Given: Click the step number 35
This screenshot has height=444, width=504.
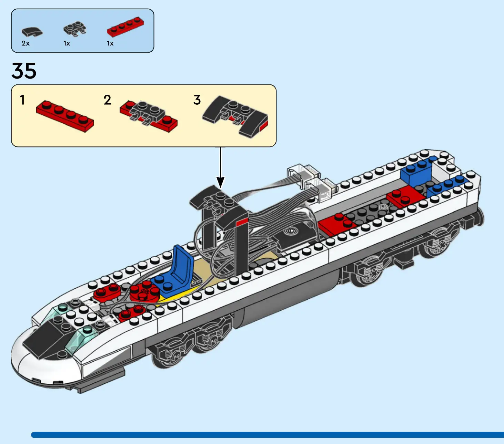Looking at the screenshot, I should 24,71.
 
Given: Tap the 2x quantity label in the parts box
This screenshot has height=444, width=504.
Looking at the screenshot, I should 26,43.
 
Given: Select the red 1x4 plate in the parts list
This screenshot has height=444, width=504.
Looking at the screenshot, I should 125,27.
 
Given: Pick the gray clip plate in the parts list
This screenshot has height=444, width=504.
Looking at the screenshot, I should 75,29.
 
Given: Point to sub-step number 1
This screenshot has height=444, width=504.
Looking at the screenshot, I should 22,100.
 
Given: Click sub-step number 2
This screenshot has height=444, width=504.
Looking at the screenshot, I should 107,100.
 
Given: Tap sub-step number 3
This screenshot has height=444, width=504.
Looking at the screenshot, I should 197,100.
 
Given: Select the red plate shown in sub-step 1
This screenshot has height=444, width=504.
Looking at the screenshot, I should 65,116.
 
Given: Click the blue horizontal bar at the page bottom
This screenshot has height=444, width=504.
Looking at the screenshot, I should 267,435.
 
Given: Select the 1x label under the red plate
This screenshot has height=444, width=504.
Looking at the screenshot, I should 110,43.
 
